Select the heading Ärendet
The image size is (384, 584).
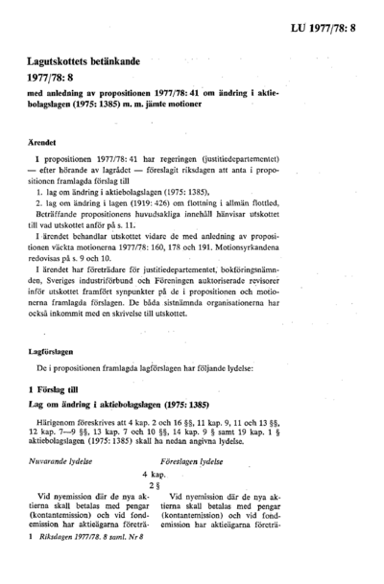click(x=46, y=141)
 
